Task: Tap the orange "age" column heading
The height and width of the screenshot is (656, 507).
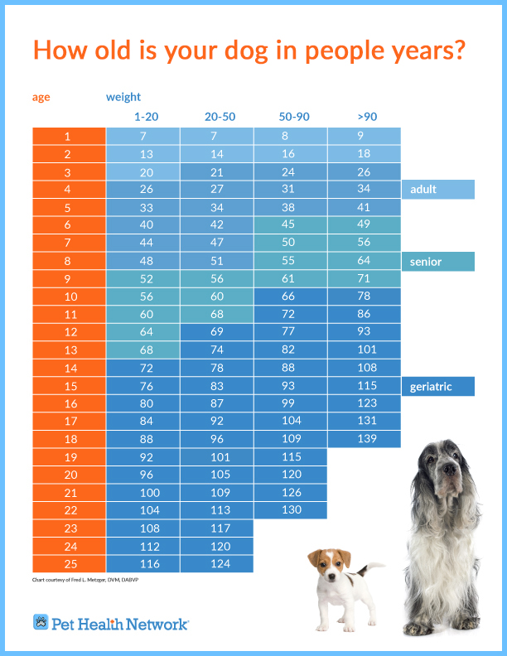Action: pos(41,97)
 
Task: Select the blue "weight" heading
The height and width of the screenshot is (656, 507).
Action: pos(123,97)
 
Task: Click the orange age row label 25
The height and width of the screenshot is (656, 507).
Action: pos(68,563)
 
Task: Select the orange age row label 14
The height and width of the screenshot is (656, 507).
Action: pos(68,368)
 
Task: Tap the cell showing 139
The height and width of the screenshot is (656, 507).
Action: pos(365,439)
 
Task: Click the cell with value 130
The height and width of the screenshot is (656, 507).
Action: pos(291,510)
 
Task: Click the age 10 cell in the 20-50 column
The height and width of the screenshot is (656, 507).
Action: pos(216,297)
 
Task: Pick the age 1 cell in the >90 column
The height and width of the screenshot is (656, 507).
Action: pos(365,136)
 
